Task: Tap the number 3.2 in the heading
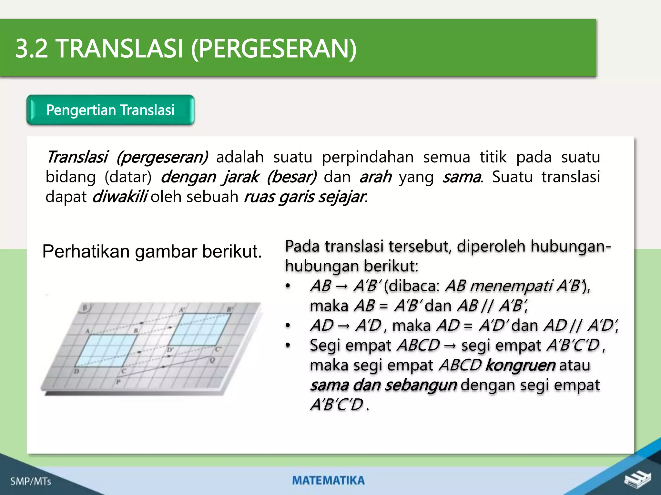31,49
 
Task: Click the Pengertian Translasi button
110,110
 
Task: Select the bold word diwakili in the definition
120,197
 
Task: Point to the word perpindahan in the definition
368,157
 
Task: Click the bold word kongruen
520,365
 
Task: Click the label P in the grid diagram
118,382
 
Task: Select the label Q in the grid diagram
212,360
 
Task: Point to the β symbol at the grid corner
85,308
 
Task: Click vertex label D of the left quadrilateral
76,372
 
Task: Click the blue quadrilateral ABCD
107,351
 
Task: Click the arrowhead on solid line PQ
163,367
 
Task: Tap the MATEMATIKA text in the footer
328,480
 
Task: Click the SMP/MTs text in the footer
31,481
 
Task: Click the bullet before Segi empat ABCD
288,345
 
